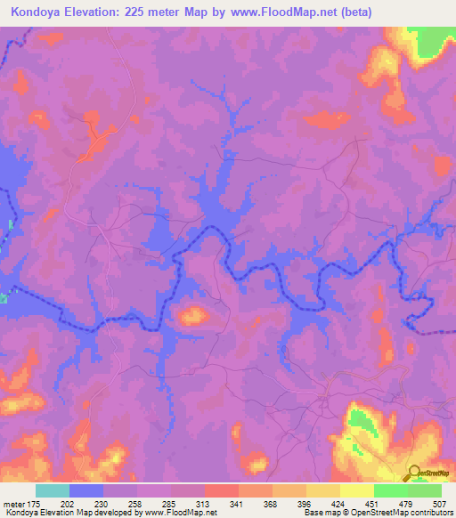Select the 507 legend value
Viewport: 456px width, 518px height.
[440, 504]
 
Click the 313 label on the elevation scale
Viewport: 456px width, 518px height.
[204, 504]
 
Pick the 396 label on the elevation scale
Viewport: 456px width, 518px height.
[305, 504]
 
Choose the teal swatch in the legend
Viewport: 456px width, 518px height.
[53, 490]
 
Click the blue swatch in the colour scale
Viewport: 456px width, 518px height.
[86, 490]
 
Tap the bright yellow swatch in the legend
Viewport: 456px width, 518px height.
[356, 490]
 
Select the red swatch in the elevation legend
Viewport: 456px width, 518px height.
[221, 490]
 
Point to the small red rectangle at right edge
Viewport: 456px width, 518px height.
[443, 166]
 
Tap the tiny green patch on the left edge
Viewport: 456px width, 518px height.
[11, 223]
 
